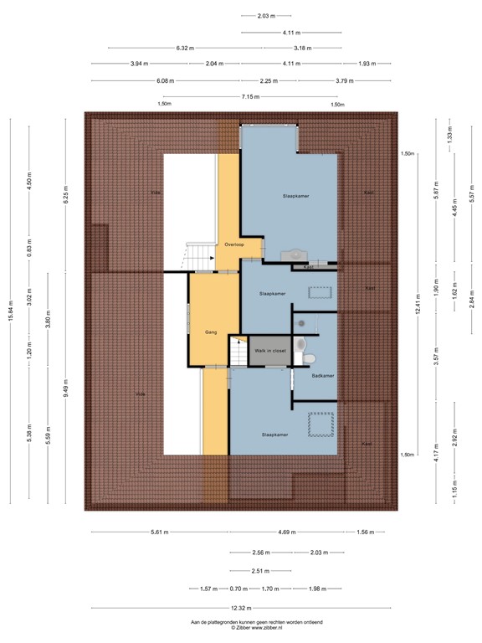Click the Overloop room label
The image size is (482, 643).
(x=233, y=245)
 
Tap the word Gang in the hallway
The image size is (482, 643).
(x=212, y=332)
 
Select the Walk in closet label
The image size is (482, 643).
(x=272, y=351)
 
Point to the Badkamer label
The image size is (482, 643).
(x=322, y=376)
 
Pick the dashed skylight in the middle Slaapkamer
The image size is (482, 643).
(x=320, y=292)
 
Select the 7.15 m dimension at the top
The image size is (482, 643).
(x=249, y=96)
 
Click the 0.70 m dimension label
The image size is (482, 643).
(x=240, y=589)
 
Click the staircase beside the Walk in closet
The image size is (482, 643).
(x=239, y=352)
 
